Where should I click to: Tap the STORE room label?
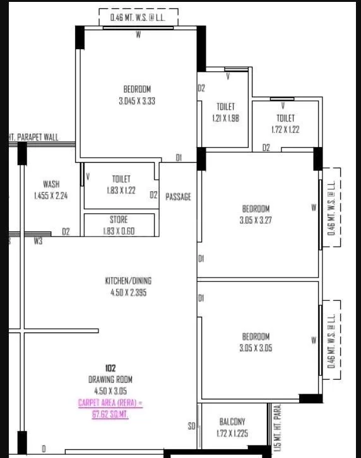[x=119, y=220]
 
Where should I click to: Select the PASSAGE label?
[x=178, y=197]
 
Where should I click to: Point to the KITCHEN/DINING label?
[x=128, y=281]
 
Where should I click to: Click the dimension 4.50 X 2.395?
[x=128, y=293]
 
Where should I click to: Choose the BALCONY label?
[x=232, y=421]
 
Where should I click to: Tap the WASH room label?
[x=51, y=184]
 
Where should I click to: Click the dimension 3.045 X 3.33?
[x=137, y=101]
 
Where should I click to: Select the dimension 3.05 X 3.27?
[x=255, y=221]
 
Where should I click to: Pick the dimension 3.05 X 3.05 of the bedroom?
[x=255, y=348]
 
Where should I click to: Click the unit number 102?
[x=110, y=367]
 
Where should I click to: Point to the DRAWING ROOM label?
[x=110, y=379]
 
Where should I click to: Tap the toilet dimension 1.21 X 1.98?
[x=225, y=118]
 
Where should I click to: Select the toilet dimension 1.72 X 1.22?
[x=285, y=129]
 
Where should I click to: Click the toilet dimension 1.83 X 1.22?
[x=121, y=191]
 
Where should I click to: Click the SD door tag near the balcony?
[x=191, y=427]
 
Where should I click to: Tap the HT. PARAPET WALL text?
[x=33, y=136]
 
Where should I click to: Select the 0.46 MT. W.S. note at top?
[x=138, y=18]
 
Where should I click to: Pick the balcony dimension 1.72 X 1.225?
[x=232, y=433]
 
